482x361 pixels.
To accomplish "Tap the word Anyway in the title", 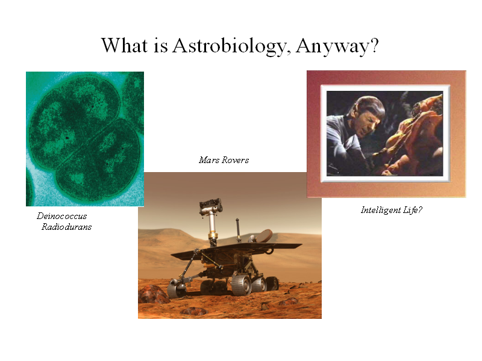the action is (333, 47).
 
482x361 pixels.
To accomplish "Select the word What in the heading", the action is (125, 45).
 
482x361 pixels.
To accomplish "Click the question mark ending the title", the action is (374, 45).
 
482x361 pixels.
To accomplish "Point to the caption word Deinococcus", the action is (62, 216).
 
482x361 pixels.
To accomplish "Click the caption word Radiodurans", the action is (67, 227).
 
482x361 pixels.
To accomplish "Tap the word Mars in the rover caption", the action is (209, 160).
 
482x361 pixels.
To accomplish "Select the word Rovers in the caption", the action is (235, 160).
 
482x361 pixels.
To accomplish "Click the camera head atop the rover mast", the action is (211, 206).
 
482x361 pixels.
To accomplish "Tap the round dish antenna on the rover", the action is (264, 235).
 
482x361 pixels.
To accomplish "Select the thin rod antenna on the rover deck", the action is (237, 230).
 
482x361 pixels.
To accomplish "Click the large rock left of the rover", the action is (153, 294).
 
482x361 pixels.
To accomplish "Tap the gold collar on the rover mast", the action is (213, 236).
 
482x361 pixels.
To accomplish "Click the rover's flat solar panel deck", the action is (237, 249).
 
